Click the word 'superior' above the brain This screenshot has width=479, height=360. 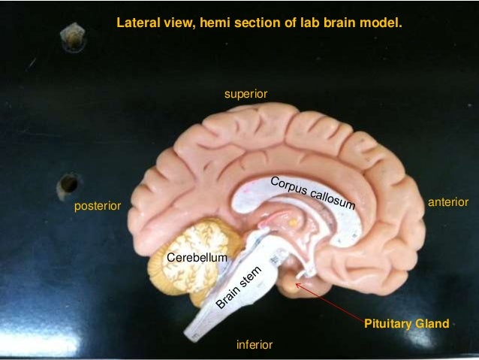pyautogui.click(x=246, y=94)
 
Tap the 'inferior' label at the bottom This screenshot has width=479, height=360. pyautogui.click(x=254, y=345)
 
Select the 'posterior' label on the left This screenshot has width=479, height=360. pyautogui.click(x=97, y=206)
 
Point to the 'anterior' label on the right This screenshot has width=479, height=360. pyautogui.click(x=447, y=202)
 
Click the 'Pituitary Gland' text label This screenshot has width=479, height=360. pyautogui.click(x=406, y=325)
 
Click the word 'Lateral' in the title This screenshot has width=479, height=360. pyautogui.click(x=135, y=23)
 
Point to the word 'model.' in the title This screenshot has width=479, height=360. pyautogui.click(x=385, y=23)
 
